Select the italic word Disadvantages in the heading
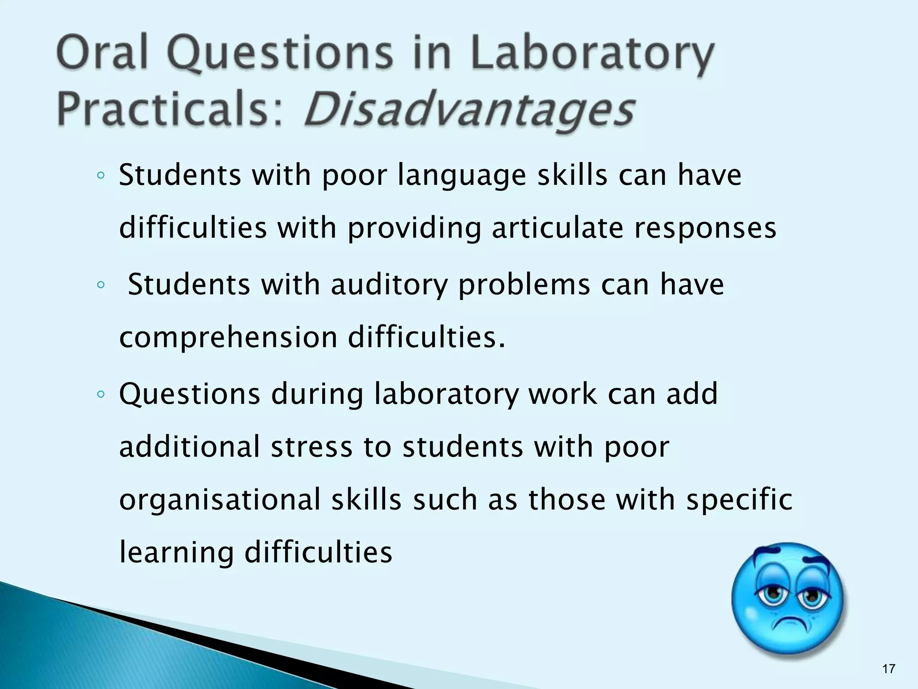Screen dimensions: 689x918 (x=469, y=110)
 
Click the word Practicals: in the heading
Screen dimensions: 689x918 (x=171, y=110)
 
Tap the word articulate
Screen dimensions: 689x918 (x=557, y=228)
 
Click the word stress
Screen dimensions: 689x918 (x=312, y=447)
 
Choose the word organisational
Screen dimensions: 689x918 (x=220, y=500)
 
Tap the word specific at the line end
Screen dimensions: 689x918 (x=739, y=501)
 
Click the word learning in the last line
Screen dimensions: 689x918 (x=176, y=553)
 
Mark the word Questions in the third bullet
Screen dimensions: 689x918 (x=190, y=395)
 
